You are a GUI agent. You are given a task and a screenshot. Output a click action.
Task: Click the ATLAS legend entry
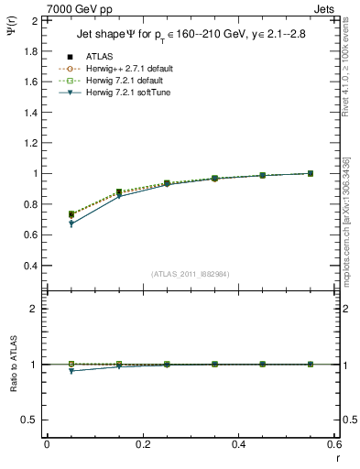tap(101, 57)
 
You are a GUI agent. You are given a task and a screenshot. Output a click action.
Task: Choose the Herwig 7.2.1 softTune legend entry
tap(130, 93)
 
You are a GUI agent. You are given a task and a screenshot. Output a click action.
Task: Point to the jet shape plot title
tap(192, 36)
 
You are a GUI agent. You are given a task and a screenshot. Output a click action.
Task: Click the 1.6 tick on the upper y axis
tap(30, 82)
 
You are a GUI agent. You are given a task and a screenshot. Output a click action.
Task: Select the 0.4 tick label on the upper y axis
tap(30, 266)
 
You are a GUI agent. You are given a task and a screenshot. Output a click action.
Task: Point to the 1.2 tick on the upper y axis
tap(30, 143)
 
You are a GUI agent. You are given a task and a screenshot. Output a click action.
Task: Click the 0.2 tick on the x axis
tap(142, 443)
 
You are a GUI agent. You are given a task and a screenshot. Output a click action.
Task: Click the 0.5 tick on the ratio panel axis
tap(30, 420)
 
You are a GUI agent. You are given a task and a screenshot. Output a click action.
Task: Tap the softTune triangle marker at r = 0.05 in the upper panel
tap(71, 224)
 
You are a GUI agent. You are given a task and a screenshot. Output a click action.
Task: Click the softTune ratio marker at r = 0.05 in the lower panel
tap(71, 371)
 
